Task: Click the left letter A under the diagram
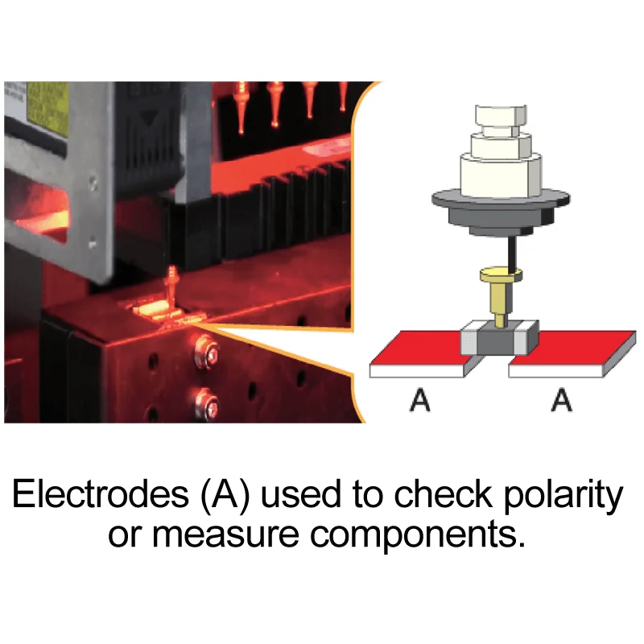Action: tap(419, 399)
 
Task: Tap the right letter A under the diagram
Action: tap(562, 399)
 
